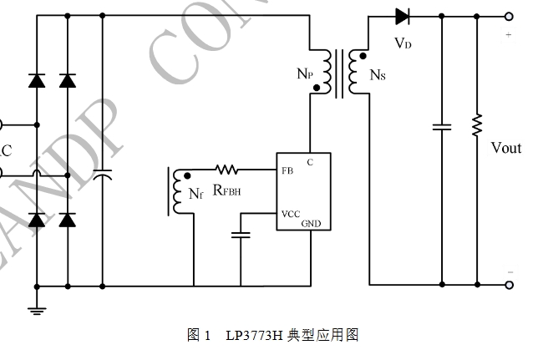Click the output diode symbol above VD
[402, 16]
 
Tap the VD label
[403, 43]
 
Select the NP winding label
[305, 74]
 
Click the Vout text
[505, 148]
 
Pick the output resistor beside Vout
[477, 126]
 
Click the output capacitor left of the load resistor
[441, 127]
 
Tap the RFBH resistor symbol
[226, 170]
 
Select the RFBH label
[228, 191]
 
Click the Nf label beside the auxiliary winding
[195, 195]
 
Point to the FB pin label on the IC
[287, 170]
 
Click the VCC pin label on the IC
[290, 213]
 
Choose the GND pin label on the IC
[311, 223]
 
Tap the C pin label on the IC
[310, 161]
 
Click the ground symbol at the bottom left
[36, 310]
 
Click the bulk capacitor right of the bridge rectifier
[102, 175]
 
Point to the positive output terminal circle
[508, 16]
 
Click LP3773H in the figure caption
[254, 336]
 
